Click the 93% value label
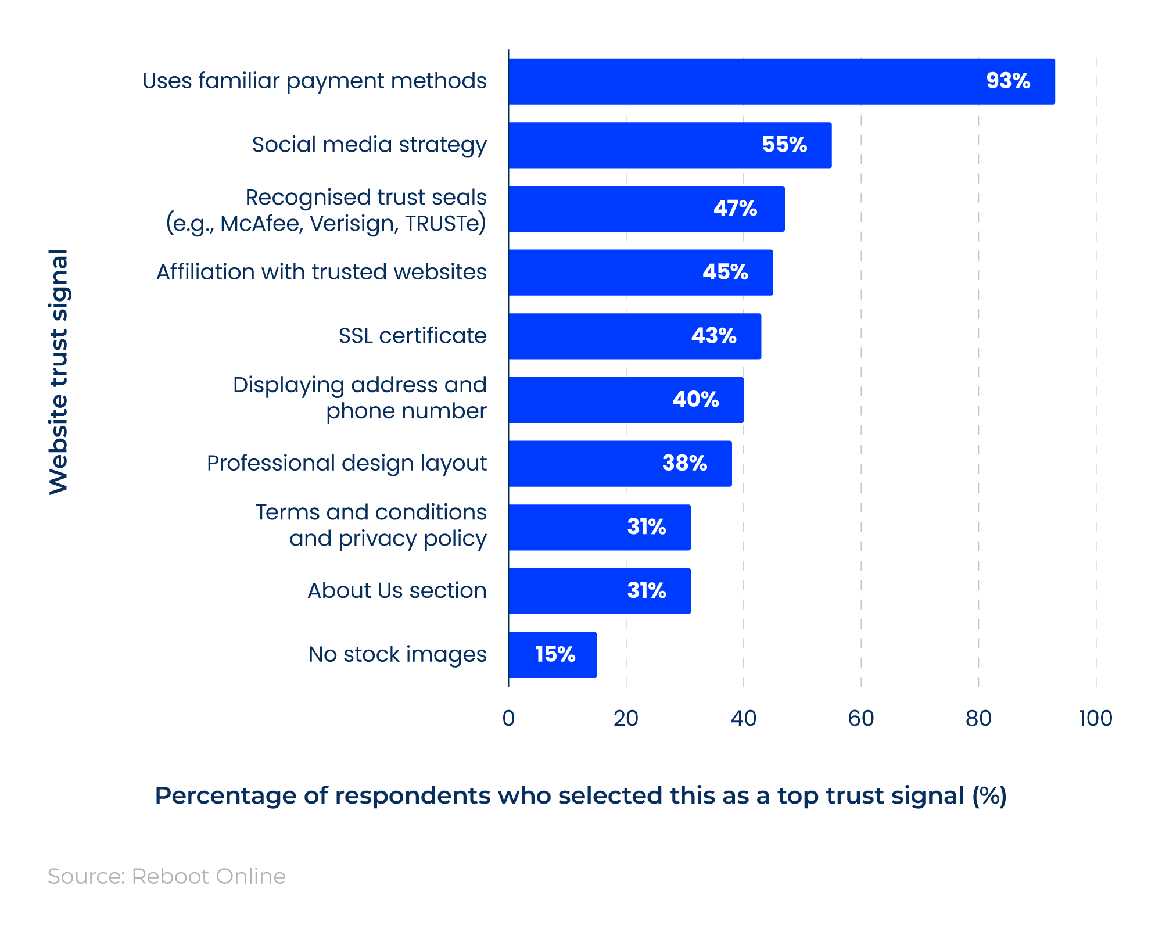pyautogui.click(x=1008, y=81)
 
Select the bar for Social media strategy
pyautogui.click(x=669, y=145)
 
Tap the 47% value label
pyautogui.click(x=735, y=209)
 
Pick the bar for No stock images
pyautogui.click(x=552, y=655)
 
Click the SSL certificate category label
pyautogui.click(x=413, y=336)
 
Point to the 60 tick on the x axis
pyautogui.click(x=860, y=719)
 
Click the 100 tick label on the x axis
pyautogui.click(x=1095, y=719)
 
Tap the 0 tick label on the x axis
pyautogui.click(x=508, y=719)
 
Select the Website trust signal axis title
pyautogui.click(x=59, y=372)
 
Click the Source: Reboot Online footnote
pyautogui.click(x=167, y=876)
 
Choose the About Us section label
pyautogui.click(x=397, y=591)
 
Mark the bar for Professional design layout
pyautogui.click(x=620, y=464)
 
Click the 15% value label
pyautogui.click(x=555, y=655)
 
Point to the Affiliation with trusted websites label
pyautogui.click(x=321, y=272)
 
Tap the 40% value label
pyautogui.click(x=695, y=400)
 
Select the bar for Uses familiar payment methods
pyautogui.click(x=781, y=81)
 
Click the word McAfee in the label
pyautogui.click(x=261, y=224)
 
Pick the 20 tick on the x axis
pyautogui.click(x=626, y=719)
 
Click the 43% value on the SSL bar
pyautogui.click(x=713, y=336)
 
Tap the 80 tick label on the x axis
pyautogui.click(x=978, y=719)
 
